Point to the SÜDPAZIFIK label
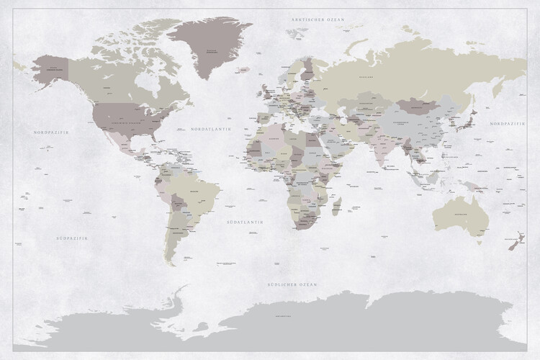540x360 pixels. click(x=72, y=237)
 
